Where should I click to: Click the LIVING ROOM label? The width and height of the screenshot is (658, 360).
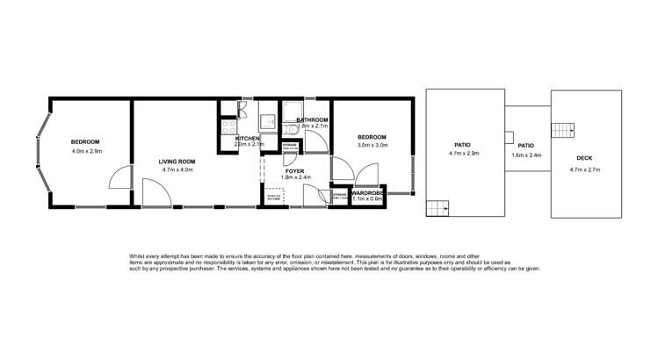(x=176, y=162)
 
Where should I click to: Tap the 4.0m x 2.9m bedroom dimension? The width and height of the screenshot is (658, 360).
(x=85, y=152)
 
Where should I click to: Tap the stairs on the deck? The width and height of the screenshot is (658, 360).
(x=561, y=131)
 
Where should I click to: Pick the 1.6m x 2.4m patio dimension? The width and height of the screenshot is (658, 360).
(x=525, y=155)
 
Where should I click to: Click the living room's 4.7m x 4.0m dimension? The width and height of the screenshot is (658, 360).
(x=176, y=170)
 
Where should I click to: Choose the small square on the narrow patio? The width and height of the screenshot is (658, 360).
(x=510, y=137)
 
